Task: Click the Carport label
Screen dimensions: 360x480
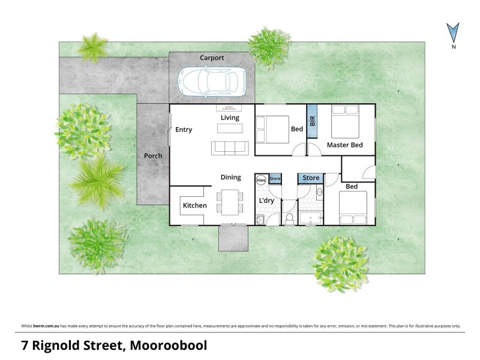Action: point(212,58)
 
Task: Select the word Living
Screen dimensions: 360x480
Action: point(230,118)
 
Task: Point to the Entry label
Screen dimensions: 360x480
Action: point(184,130)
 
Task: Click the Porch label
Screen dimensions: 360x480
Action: point(153,156)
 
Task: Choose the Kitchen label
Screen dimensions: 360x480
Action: point(194,206)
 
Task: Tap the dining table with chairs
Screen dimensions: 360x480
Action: point(230,202)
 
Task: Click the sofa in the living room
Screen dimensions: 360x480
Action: point(229,147)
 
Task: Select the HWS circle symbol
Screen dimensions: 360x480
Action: point(261,179)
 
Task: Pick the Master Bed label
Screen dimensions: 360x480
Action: point(344,145)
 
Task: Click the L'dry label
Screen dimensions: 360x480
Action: point(266,200)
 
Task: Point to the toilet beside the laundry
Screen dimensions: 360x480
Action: point(289,218)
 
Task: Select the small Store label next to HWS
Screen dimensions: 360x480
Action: point(275,179)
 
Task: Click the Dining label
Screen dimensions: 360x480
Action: point(230,177)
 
